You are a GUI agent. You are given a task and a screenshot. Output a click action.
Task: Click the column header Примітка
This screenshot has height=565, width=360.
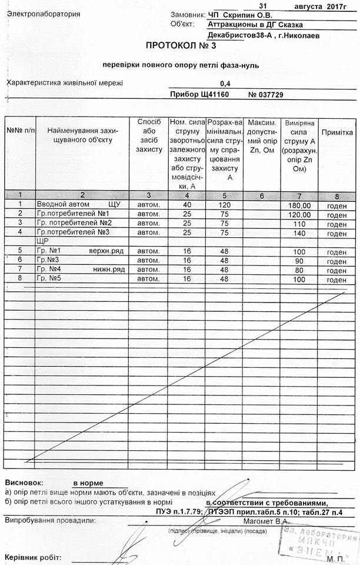(337, 133)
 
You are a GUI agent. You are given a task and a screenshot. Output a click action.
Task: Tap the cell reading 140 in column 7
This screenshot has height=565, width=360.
(299, 233)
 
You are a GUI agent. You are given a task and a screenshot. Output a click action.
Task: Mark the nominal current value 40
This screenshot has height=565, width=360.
(187, 205)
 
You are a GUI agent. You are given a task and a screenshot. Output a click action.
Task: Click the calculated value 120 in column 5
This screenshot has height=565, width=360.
(224, 205)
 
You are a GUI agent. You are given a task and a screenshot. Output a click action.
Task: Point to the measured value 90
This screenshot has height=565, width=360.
(299, 260)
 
